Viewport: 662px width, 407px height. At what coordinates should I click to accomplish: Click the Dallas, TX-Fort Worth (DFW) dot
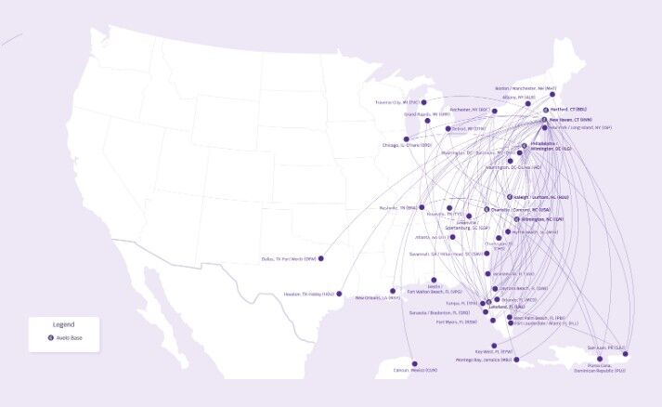pyautogui.click(x=321, y=258)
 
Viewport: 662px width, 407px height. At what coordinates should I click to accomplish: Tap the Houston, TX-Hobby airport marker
pyautogui.click(x=340, y=295)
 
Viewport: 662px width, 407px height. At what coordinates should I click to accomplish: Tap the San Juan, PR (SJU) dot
pyautogui.click(x=626, y=354)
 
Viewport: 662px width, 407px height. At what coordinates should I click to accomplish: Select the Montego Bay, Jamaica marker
pyautogui.click(x=517, y=360)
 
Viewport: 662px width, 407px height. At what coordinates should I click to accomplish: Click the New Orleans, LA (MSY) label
pyautogui.click(x=379, y=297)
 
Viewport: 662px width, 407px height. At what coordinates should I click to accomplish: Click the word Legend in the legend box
pyautogui.click(x=63, y=324)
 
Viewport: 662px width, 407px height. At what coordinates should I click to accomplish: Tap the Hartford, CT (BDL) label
pyautogui.click(x=569, y=109)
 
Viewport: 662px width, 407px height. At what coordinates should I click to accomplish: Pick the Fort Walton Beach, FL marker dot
pyautogui.click(x=433, y=280)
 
